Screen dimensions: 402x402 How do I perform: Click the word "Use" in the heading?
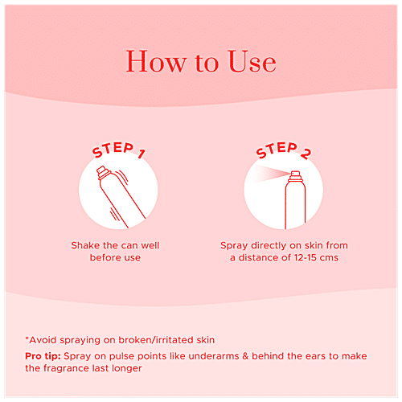pyautogui.click(x=252, y=61)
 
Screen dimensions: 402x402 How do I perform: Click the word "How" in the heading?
pyautogui.click(x=156, y=61)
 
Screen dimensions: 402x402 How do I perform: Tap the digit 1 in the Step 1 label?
pyautogui.click(x=142, y=154)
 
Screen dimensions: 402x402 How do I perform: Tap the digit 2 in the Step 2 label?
pyautogui.click(x=306, y=154)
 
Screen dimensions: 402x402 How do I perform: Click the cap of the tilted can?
pyautogui.click(x=103, y=172)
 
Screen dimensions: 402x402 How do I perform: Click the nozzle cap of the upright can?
pyautogui.click(x=295, y=176)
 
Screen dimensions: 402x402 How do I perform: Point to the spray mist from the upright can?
pyautogui.click(x=271, y=174)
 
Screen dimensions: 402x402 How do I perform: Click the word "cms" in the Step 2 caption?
pyautogui.click(x=330, y=258)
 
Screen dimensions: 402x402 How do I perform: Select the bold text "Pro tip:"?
pyautogui.click(x=43, y=356)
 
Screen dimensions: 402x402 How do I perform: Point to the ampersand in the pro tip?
pyautogui.click(x=245, y=356)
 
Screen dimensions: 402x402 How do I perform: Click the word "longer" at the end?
pyautogui.click(x=126, y=369)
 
